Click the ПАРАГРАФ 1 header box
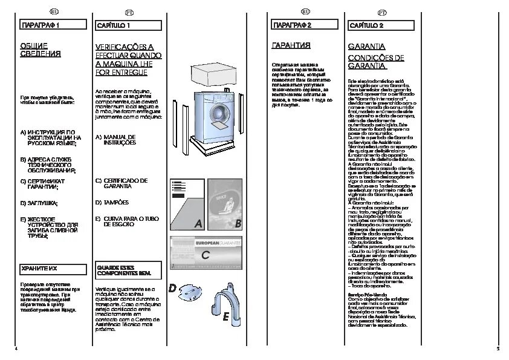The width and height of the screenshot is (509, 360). [51, 25]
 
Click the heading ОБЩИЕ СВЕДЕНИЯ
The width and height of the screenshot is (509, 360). [41, 50]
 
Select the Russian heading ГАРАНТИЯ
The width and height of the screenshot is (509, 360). [291, 45]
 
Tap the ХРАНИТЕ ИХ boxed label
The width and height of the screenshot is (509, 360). [51, 268]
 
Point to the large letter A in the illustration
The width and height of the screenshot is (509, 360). [198, 224]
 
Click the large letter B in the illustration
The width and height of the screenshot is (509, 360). [238, 224]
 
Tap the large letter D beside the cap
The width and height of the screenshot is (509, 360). [173, 289]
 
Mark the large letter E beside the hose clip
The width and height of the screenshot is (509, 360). [225, 316]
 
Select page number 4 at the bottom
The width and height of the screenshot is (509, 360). [15, 349]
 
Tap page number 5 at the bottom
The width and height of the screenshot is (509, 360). [497, 349]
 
